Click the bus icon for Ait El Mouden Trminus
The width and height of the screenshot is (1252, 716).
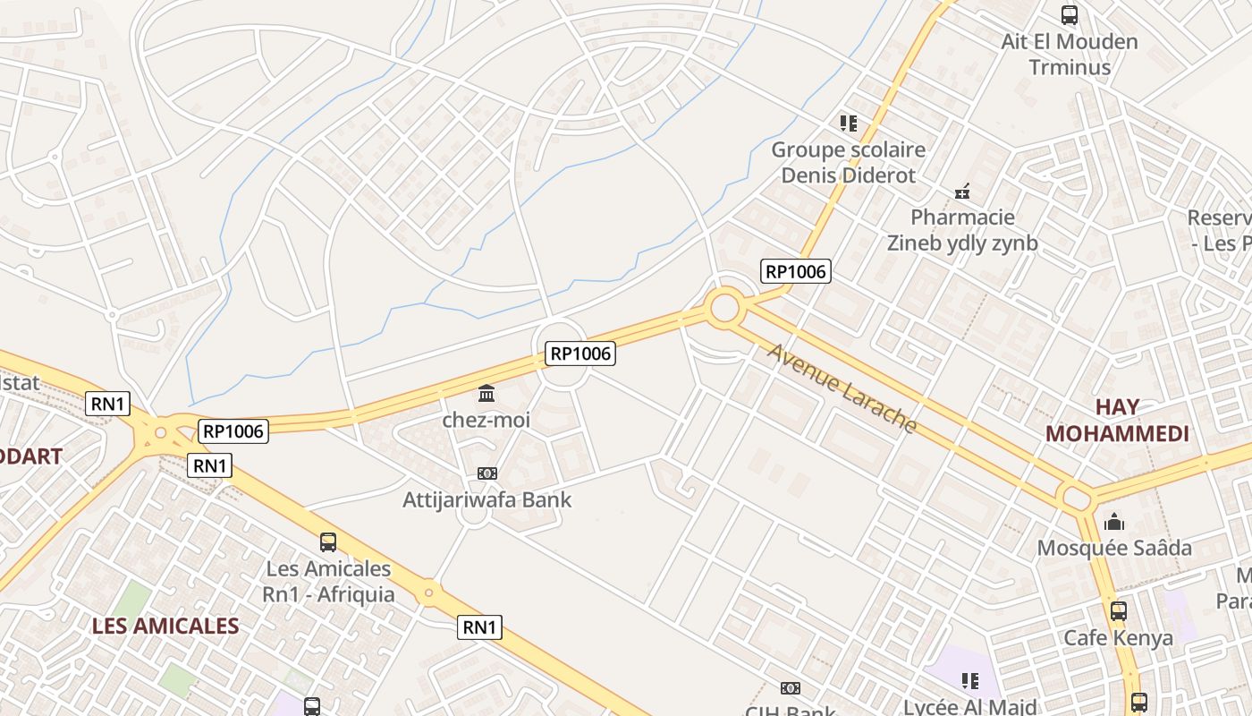click(x=1069, y=15)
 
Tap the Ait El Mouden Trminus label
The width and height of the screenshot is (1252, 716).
click(x=1069, y=54)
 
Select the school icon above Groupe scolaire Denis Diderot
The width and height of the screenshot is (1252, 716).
click(x=848, y=123)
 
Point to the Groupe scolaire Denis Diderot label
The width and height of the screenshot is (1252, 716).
click(x=848, y=162)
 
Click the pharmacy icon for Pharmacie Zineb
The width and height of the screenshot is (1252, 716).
click(x=962, y=191)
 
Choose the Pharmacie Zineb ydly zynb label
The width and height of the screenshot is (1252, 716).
click(x=962, y=230)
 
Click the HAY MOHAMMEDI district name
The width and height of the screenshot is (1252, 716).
click(x=1117, y=420)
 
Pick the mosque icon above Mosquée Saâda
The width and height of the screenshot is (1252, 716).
click(x=1114, y=521)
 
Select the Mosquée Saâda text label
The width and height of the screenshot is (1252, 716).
click(x=1114, y=548)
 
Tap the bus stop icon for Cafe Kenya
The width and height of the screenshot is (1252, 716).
click(x=1118, y=611)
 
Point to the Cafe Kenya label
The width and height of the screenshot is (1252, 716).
click(x=1118, y=638)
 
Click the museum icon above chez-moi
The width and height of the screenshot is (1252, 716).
click(x=486, y=393)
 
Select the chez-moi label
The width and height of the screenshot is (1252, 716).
click(x=486, y=419)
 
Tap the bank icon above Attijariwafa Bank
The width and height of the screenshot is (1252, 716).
click(x=487, y=473)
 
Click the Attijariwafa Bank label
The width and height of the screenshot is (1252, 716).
click(x=487, y=499)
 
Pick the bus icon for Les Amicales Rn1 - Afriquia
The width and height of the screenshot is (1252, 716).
click(x=328, y=541)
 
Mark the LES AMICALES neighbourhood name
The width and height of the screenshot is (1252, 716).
click(x=165, y=626)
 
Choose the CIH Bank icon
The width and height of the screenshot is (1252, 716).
click(x=790, y=688)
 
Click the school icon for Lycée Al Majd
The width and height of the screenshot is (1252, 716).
click(x=970, y=681)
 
